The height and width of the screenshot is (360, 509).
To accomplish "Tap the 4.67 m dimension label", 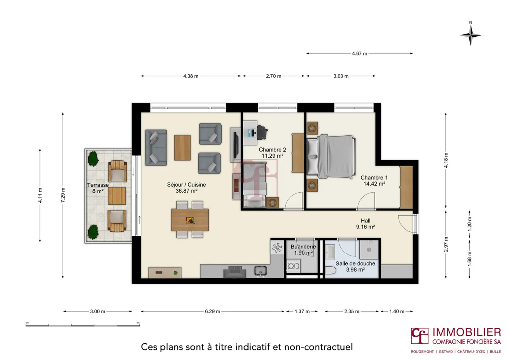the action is pos(359,54).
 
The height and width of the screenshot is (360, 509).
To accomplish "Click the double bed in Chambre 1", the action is pos(331,157).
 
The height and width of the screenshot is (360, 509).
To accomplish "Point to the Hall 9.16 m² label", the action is pos(365,223).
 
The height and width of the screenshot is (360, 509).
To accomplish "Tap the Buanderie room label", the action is pos(303,246).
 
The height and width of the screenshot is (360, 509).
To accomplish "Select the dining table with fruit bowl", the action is pos(190,220).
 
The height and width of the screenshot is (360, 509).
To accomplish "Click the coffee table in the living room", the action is pos(182,148).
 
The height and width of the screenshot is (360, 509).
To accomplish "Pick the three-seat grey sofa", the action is pos(156,147).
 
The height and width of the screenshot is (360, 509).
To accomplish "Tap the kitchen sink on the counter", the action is pos(261,271).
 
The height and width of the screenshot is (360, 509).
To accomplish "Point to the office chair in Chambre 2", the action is pos(262,132).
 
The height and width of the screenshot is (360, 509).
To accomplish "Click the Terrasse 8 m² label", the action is pos(98,188).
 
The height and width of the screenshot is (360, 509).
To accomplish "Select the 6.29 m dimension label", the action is pos(212,311).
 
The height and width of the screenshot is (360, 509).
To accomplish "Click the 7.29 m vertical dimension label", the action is pos(63,195).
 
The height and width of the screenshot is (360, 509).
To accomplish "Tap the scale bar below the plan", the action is pos(83,325).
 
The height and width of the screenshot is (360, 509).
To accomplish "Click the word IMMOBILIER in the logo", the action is pos(467,333).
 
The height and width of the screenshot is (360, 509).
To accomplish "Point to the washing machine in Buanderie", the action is pos(294,266).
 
